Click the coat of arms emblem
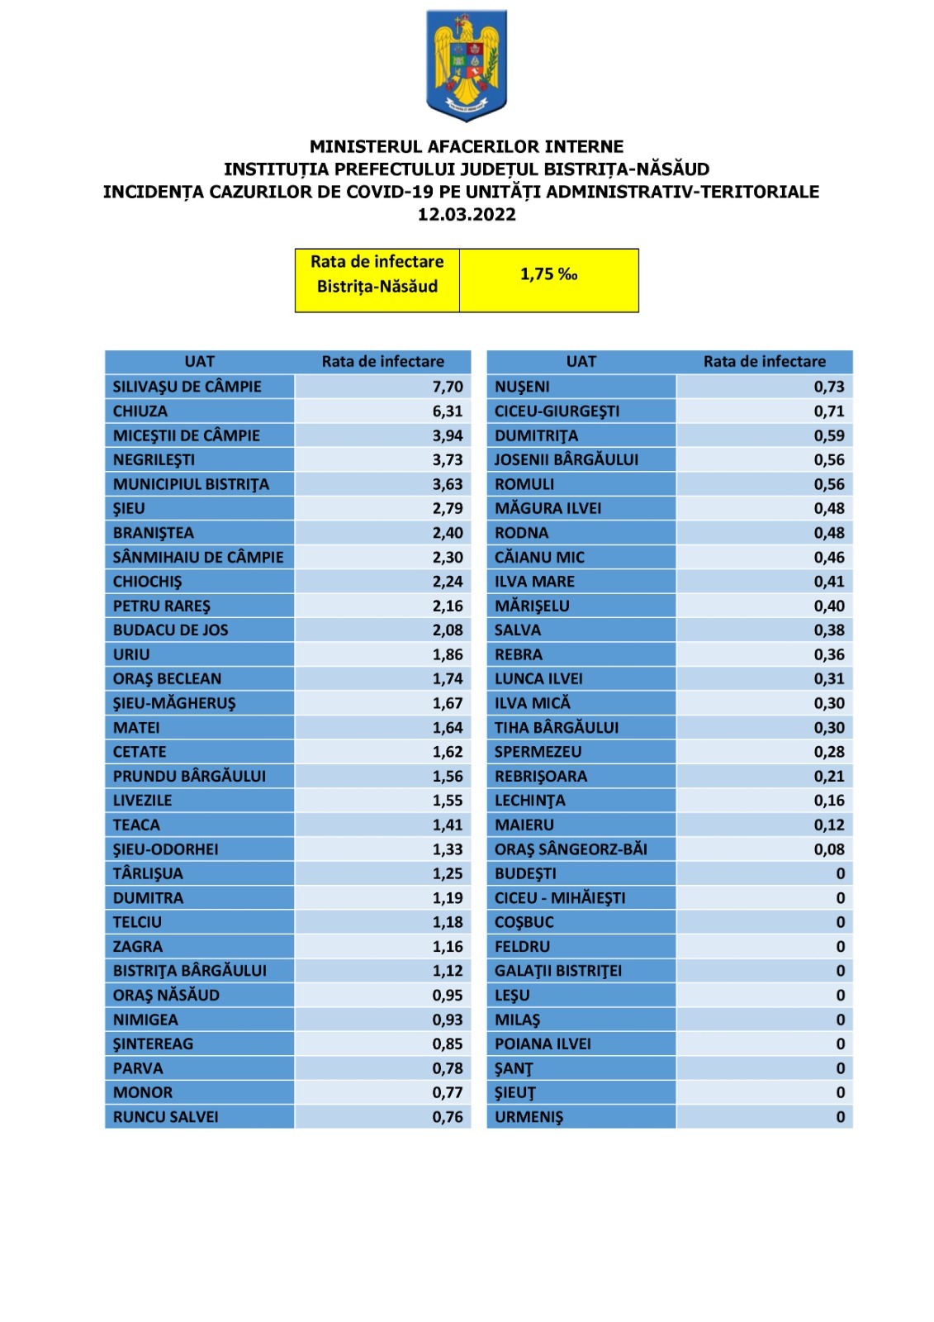467,65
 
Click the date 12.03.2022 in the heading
467,215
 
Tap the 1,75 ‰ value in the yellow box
548,274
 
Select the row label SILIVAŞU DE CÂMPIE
187,387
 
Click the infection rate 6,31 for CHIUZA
448,411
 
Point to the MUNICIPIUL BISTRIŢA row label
191,484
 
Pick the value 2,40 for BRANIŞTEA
448,533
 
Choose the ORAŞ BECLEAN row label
168,679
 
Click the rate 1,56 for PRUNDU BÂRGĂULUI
448,776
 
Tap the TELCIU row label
138,922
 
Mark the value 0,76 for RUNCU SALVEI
448,1117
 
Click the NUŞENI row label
522,387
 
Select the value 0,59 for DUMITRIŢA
829,435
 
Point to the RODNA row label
521,533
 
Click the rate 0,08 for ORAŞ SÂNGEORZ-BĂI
829,849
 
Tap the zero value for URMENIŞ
841,1117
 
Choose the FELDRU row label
522,947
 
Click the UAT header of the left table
200,362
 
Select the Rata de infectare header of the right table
764,362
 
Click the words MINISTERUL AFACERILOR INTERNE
467,147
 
